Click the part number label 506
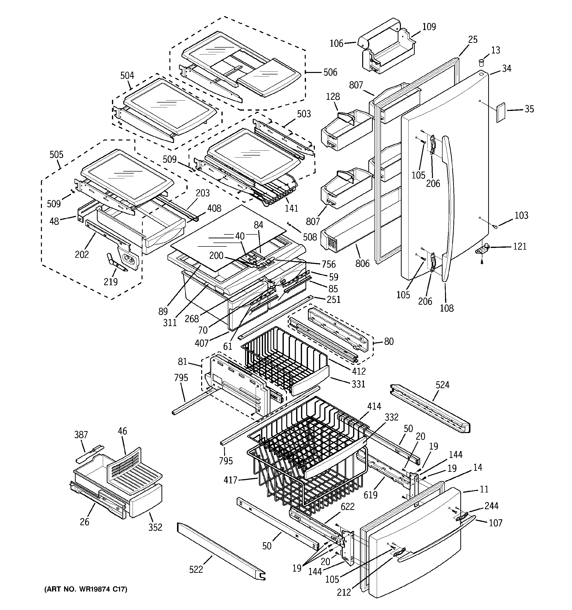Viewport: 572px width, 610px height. point(330,72)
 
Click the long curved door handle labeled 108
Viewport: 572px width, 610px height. point(449,209)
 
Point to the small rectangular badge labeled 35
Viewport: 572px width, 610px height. point(501,113)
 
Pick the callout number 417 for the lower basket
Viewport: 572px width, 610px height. point(230,480)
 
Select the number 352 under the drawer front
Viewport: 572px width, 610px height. point(155,527)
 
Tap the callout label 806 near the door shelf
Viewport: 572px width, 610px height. point(362,263)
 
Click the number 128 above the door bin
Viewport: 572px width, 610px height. point(333,97)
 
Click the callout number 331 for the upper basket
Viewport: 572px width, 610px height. point(358,384)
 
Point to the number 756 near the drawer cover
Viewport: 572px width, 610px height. point(328,264)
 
